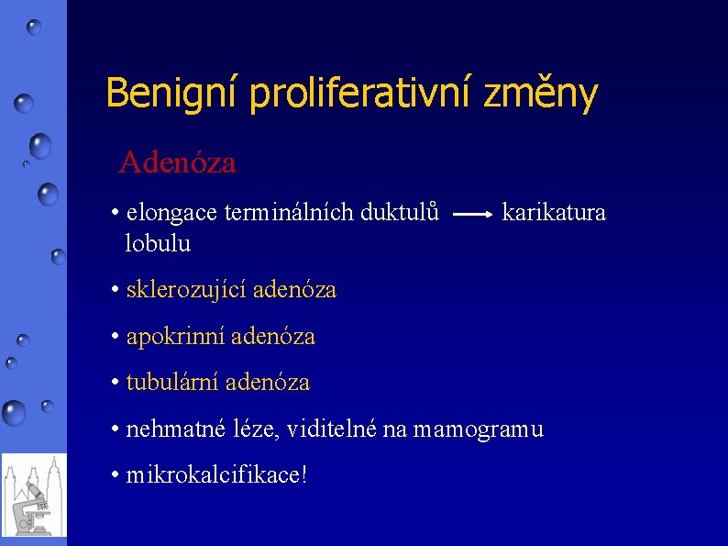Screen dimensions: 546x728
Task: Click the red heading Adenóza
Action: coord(177,162)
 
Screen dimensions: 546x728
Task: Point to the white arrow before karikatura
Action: coord(474,214)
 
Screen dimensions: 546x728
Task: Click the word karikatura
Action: coord(554,213)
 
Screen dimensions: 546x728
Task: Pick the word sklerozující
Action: coord(186,290)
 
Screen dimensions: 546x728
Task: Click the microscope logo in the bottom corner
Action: coord(34,495)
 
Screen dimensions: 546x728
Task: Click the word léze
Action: coord(245,429)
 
